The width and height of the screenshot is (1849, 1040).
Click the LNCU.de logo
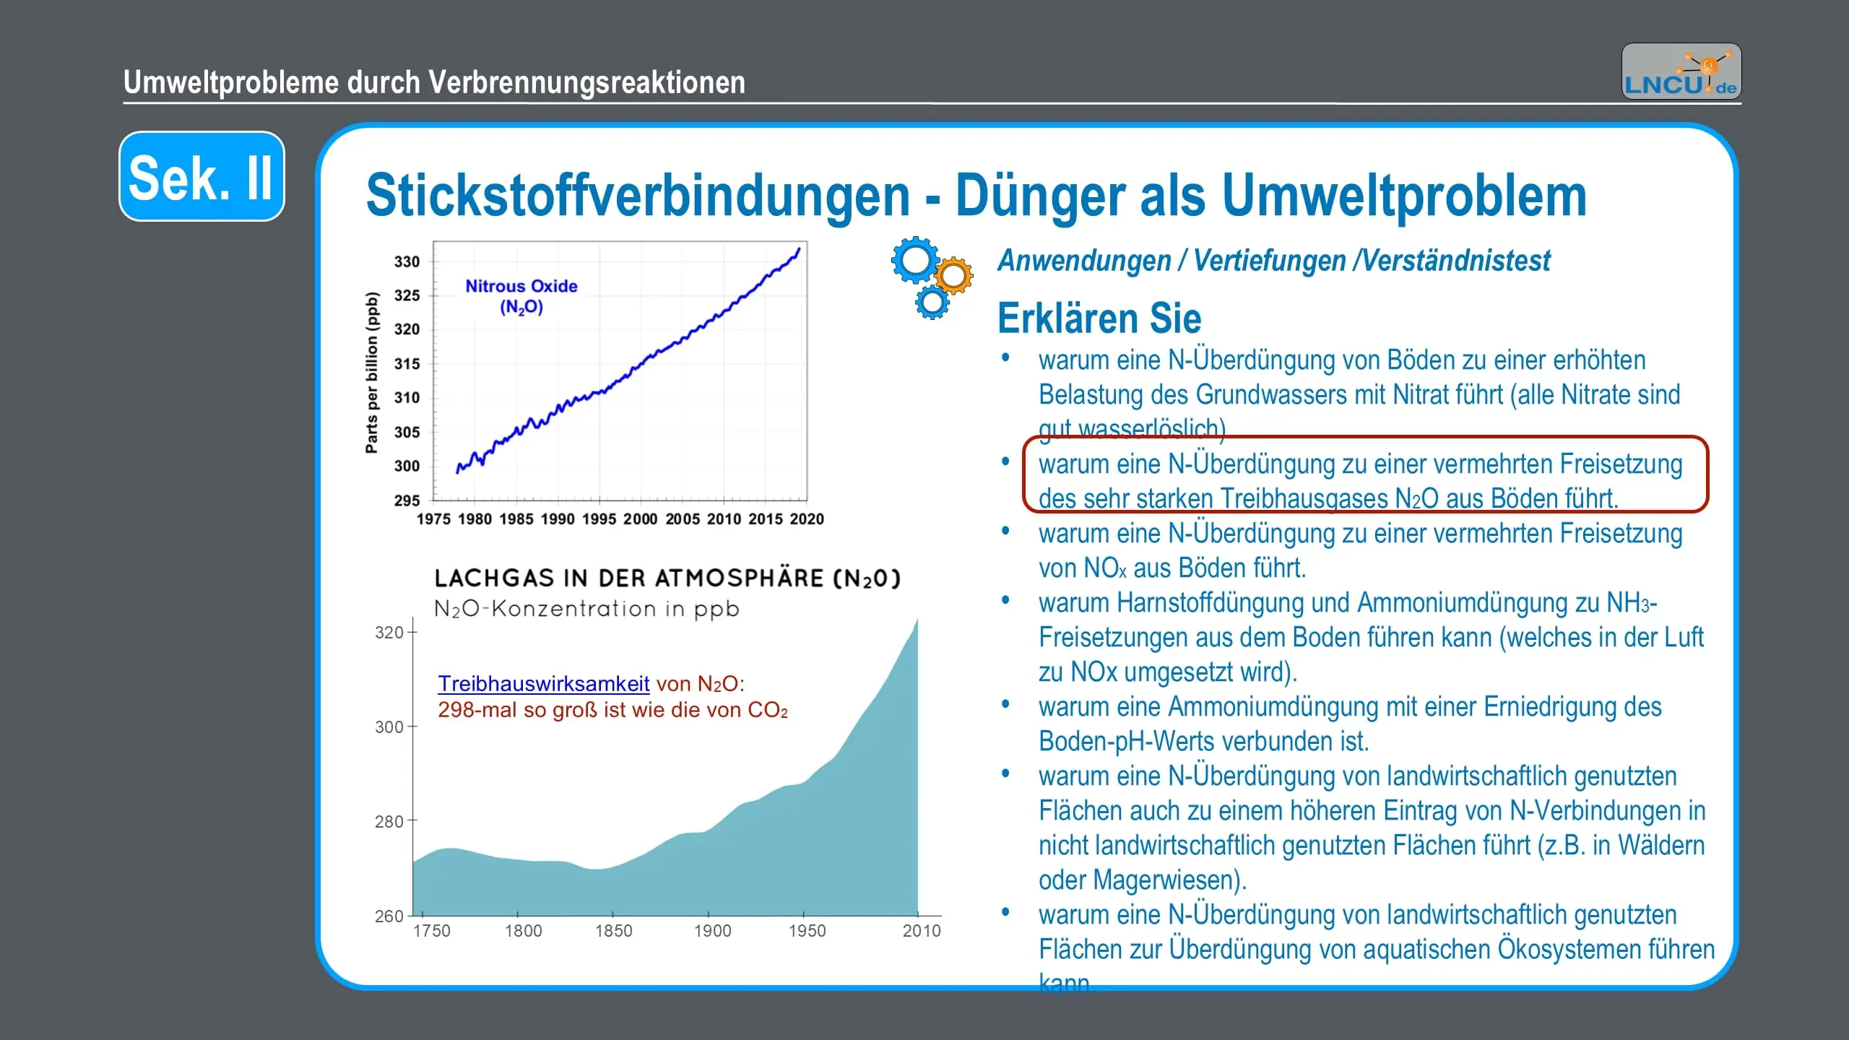[x=1681, y=71]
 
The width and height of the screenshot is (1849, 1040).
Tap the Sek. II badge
[x=202, y=177]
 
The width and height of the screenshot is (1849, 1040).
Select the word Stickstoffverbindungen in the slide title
[x=638, y=196]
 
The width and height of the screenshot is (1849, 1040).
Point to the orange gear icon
[x=954, y=275]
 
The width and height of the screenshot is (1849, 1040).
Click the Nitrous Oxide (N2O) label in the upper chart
[x=521, y=296]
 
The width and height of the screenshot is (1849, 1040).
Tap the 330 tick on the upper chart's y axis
[x=407, y=261]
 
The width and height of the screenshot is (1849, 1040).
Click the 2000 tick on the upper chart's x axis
[x=641, y=519]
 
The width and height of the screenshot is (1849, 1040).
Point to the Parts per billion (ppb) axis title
[x=372, y=372]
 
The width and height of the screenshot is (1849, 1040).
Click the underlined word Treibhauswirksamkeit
[x=543, y=684]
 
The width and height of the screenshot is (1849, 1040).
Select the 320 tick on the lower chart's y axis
[x=389, y=633]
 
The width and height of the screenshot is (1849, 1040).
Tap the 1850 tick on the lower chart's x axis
[x=613, y=931]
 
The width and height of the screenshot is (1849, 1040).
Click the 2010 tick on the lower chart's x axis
[x=921, y=931]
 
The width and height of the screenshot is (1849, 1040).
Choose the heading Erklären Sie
[x=1099, y=318]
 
